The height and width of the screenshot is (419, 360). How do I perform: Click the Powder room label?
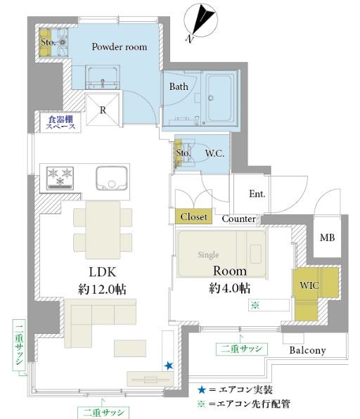click(120, 47)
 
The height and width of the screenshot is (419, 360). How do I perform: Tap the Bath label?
click(179, 86)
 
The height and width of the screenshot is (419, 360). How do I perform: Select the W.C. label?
click(214, 153)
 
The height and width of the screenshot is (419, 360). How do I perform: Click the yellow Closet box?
click(194, 217)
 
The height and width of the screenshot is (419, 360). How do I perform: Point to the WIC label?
click(309, 285)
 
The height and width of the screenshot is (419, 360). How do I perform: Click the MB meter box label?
click(328, 238)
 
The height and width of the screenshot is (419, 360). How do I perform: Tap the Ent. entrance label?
click(257, 194)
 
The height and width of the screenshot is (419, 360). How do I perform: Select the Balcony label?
click(307, 350)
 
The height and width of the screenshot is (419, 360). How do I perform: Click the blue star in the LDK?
click(168, 366)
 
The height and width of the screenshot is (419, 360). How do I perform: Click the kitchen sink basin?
click(112, 179)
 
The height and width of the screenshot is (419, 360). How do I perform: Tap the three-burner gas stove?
click(60, 179)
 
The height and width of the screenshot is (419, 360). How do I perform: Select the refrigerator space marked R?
click(103, 109)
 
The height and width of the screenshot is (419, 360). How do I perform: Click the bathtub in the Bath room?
click(220, 98)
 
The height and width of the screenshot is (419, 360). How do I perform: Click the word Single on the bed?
click(208, 255)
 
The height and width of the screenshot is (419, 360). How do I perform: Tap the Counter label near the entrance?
click(238, 219)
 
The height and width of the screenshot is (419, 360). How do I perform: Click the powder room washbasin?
click(103, 77)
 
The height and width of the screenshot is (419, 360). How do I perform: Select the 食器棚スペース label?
click(60, 122)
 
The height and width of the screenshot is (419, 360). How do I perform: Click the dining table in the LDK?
click(103, 230)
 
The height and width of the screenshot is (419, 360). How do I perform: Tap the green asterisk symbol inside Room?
click(255, 305)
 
